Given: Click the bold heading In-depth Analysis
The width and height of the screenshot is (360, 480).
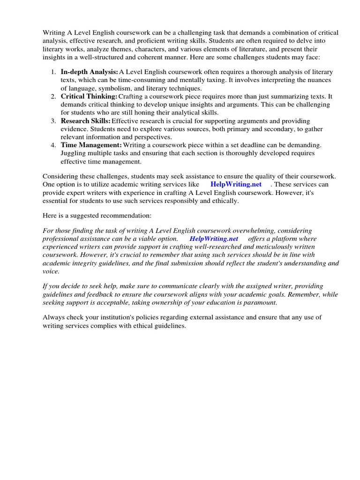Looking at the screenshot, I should click(89, 72).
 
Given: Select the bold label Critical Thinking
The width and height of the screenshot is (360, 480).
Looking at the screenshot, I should click(89, 96).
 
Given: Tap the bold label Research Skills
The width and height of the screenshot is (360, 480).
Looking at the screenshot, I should click(86, 121).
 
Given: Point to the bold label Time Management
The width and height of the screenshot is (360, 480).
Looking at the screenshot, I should click(91, 145).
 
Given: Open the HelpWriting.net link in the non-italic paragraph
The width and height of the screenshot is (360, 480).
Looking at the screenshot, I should click(236, 184).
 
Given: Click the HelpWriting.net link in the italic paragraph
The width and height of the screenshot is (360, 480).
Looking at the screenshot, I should click(214, 239).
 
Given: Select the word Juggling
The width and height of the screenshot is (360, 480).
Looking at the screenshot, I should click(74, 153).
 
